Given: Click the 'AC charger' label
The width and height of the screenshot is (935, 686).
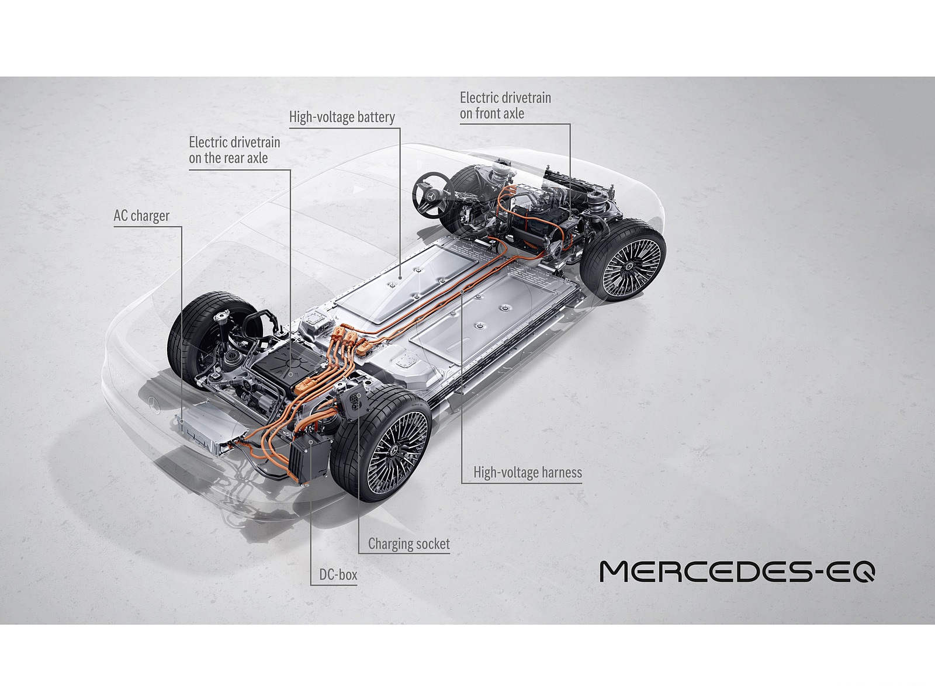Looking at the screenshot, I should (x=141, y=216).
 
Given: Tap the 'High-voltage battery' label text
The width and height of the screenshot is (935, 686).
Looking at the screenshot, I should (x=342, y=117).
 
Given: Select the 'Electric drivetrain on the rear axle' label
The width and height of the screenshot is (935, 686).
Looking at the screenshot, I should (x=234, y=150).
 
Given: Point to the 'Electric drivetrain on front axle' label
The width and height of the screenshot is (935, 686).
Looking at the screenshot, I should (x=505, y=106).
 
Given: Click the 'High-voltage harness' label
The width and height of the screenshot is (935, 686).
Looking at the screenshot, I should (x=527, y=472).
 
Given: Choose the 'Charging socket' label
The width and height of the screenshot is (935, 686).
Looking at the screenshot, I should (x=408, y=544).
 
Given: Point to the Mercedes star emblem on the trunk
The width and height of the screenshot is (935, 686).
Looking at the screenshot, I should (x=153, y=403).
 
